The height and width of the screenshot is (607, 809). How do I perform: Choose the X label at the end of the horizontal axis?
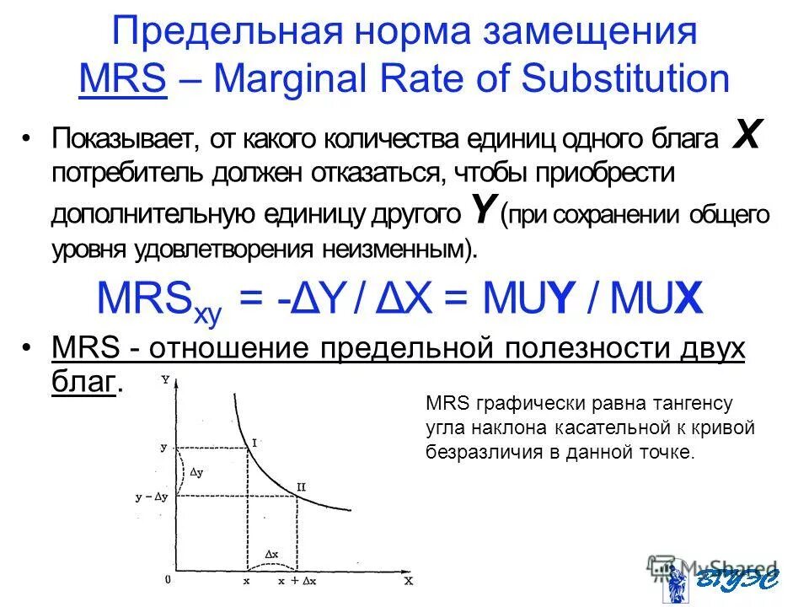[408, 581]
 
